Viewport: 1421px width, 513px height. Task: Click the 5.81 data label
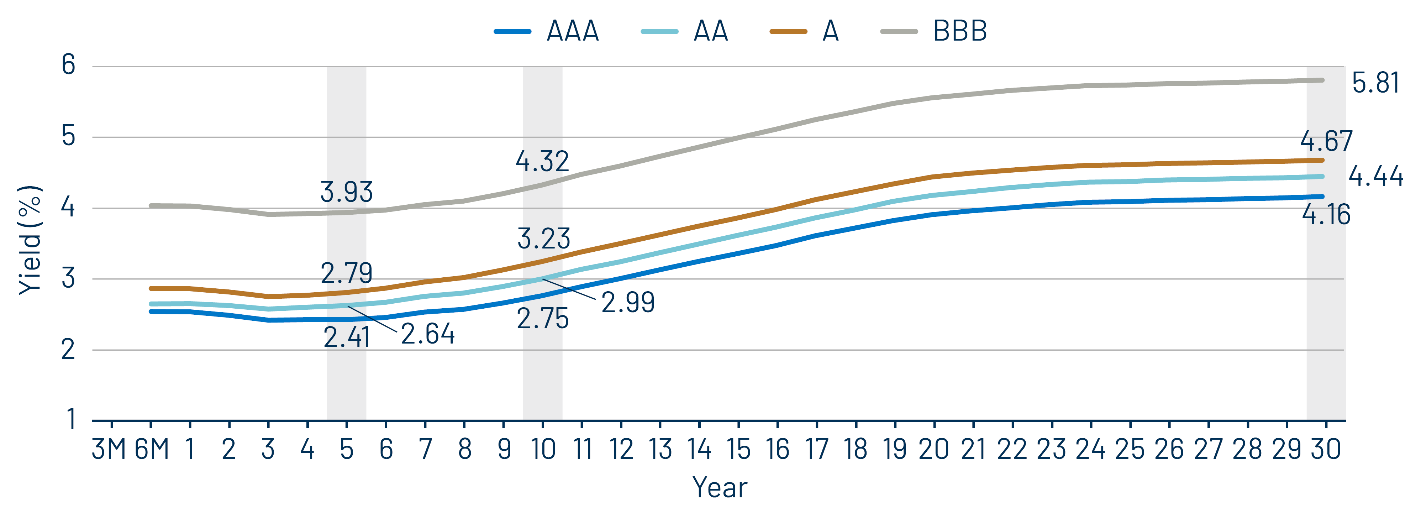1375,83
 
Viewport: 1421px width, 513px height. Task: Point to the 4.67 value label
1326,141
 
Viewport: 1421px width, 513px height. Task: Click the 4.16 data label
1326,215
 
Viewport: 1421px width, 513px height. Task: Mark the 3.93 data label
346,192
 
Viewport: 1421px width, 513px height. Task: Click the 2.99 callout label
628,302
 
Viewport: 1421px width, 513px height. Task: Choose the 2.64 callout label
427,334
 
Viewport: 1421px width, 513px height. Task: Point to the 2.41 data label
346,337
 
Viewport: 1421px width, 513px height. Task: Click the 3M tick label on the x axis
109,449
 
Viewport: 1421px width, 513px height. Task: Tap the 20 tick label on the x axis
933,449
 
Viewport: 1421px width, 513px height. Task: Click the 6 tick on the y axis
68,65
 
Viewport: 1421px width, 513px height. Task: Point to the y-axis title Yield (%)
30,240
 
